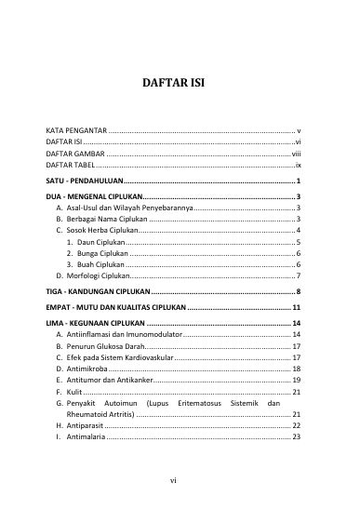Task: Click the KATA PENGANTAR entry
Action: click(x=77, y=131)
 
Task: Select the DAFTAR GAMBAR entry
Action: click(x=74, y=153)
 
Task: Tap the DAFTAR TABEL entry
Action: click(x=71, y=164)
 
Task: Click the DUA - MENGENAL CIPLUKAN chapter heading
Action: click(x=94, y=197)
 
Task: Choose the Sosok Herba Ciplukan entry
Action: click(x=102, y=230)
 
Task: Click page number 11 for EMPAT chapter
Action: click(x=295, y=307)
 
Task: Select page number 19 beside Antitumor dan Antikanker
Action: click(x=295, y=381)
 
